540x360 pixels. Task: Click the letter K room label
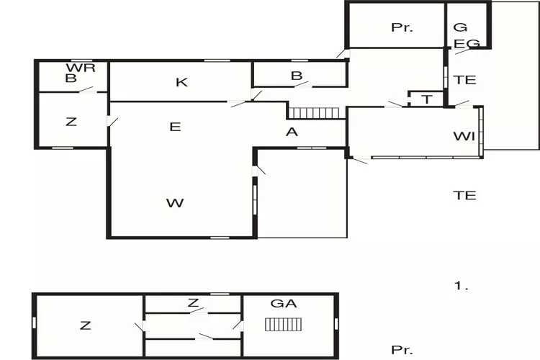(182, 82)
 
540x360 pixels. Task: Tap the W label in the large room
(175, 203)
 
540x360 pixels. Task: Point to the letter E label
(175, 127)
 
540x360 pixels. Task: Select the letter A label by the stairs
(292, 132)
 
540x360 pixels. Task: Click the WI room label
(464, 137)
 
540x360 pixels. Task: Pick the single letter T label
(427, 99)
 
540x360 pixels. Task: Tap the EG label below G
(467, 44)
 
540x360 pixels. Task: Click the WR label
(81, 68)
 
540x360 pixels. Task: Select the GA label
(284, 304)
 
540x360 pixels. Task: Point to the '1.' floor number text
(461, 286)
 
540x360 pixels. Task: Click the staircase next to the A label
(314, 113)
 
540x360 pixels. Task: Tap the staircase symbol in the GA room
(284, 324)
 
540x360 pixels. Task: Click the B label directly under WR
(71, 78)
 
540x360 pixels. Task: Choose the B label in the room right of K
(297, 76)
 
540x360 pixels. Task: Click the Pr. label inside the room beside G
(402, 27)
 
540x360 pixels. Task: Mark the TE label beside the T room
(465, 80)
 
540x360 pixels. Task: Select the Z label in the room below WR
(71, 122)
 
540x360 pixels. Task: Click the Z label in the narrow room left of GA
(193, 303)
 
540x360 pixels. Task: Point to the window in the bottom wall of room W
(220, 238)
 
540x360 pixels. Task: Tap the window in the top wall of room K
(217, 60)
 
